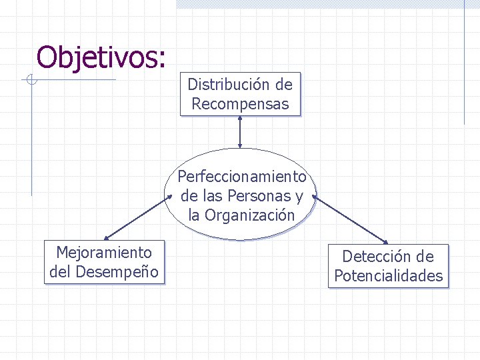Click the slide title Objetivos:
(x=101, y=57)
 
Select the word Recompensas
(x=240, y=104)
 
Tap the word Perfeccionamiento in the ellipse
(x=241, y=177)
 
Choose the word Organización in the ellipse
(x=249, y=215)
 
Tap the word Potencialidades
(x=388, y=276)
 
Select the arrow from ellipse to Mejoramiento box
(x=135, y=218)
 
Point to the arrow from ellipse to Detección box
(x=351, y=220)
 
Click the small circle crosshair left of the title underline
(x=31, y=81)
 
